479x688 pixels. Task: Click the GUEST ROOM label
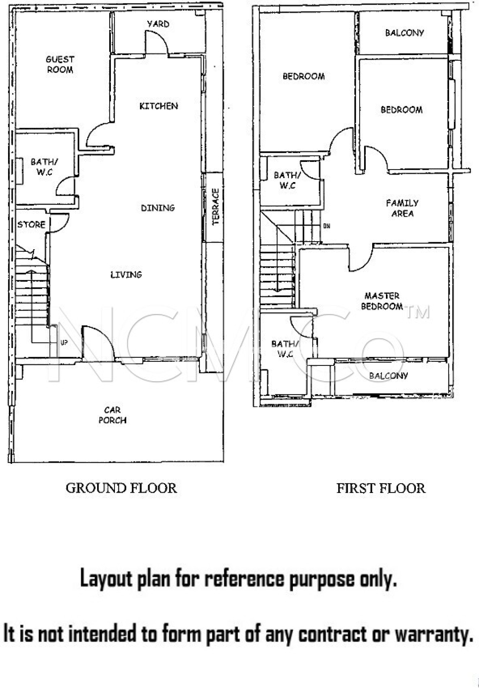point(60,64)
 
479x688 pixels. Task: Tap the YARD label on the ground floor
point(158,24)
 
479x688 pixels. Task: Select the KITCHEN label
point(159,106)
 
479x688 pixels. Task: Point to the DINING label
point(158,208)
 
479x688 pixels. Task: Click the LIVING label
point(126,274)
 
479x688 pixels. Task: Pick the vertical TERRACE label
point(215,206)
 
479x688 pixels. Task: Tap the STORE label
point(31,224)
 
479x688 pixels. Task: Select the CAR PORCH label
point(113,415)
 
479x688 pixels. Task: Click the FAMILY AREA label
point(402,208)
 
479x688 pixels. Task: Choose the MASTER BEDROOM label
point(382,301)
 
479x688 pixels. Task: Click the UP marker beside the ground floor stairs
point(64,343)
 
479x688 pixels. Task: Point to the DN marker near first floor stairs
point(326,226)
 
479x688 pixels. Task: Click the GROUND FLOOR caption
point(121,488)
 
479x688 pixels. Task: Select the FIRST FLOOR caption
point(381,488)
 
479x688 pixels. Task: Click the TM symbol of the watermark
point(418,312)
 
